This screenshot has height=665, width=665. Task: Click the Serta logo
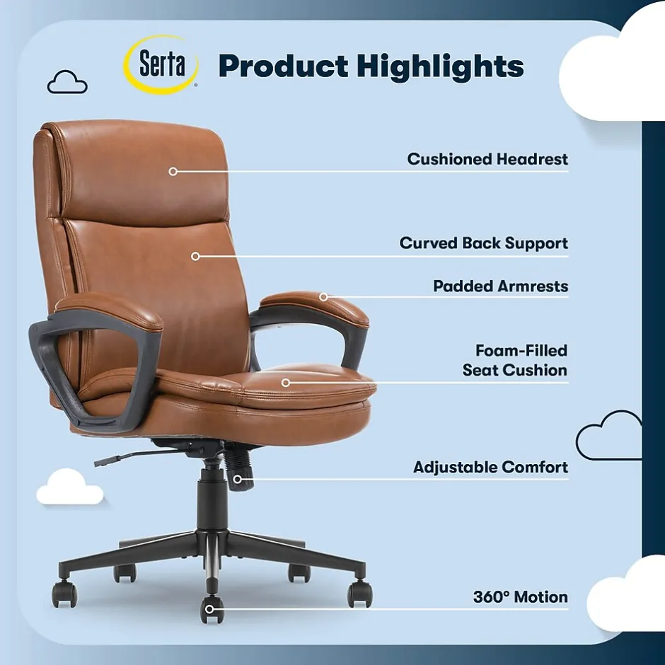(x=161, y=64)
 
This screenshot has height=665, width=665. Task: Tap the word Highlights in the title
(x=439, y=66)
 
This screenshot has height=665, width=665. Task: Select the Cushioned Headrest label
(x=487, y=159)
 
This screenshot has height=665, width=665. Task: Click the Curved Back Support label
(x=483, y=243)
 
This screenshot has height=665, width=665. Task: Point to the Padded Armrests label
(x=500, y=287)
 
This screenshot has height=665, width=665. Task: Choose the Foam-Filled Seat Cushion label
(x=515, y=360)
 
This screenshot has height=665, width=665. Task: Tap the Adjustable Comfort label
(x=490, y=468)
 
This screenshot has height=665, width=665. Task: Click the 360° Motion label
(x=520, y=597)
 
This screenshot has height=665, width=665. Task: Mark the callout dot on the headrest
(x=173, y=171)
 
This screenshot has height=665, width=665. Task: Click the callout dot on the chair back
(x=195, y=256)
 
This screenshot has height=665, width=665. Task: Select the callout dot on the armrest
(x=323, y=296)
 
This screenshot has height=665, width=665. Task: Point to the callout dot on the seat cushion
(x=286, y=383)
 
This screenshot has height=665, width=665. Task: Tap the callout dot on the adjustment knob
(x=238, y=479)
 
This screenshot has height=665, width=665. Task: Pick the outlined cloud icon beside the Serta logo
(x=67, y=83)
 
